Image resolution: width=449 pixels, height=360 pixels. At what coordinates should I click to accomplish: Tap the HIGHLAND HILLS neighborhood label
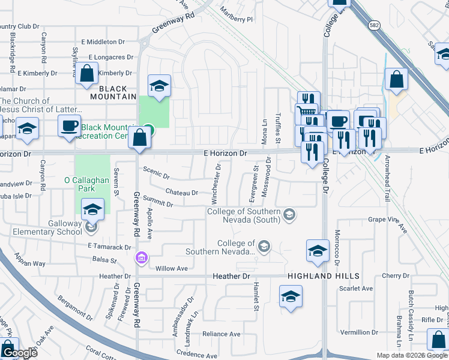324,276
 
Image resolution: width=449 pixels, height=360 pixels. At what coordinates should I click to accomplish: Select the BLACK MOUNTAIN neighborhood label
114,96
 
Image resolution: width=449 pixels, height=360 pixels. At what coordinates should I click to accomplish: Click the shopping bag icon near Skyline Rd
87,74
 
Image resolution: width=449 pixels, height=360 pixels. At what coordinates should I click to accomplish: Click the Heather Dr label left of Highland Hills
231,276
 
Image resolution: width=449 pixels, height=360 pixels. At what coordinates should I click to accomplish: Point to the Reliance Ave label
221,334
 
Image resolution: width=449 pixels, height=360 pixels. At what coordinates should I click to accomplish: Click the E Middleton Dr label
103,42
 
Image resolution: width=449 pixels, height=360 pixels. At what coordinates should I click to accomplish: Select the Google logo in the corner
19,353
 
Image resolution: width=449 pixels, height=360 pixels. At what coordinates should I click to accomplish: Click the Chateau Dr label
182,193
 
